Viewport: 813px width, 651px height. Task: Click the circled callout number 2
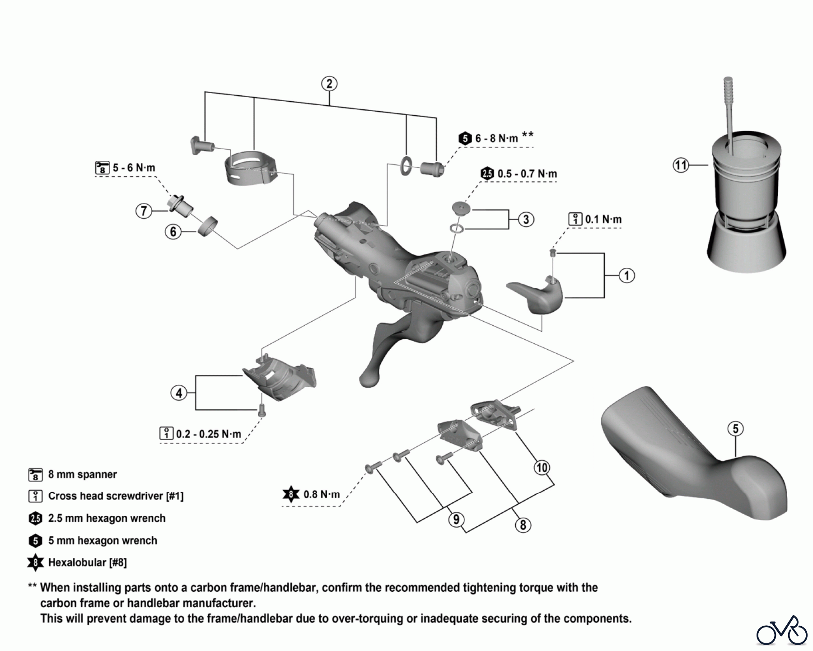click(329, 84)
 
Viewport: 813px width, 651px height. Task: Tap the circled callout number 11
click(681, 165)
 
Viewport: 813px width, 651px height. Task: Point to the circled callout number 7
click(144, 211)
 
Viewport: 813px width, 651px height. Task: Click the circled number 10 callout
click(542, 467)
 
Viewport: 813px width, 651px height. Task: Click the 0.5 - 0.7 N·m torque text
click(527, 173)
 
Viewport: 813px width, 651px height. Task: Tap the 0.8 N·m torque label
click(321, 494)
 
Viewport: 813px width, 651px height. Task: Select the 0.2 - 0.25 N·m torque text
click(208, 434)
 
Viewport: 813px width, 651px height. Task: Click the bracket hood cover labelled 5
click(691, 456)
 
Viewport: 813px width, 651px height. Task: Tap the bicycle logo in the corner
click(782, 630)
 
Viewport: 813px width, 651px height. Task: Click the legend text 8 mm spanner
click(82, 474)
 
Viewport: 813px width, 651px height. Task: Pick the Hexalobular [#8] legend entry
click(87, 562)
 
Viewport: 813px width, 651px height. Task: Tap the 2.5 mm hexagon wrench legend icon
click(35, 518)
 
